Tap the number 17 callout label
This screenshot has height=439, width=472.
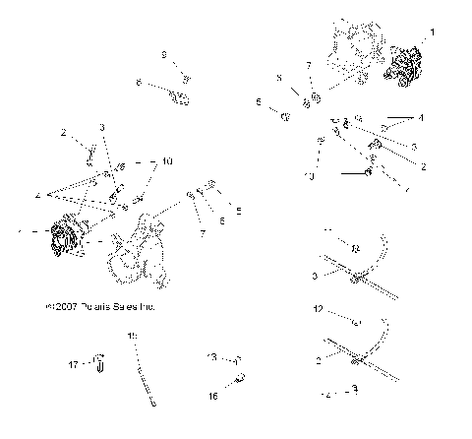click(x=72, y=363)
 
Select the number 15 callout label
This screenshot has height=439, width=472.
click(x=131, y=337)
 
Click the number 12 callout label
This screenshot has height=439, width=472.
click(x=318, y=308)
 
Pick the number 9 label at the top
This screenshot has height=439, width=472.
click(x=163, y=54)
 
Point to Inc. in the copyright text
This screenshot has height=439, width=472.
click(x=148, y=307)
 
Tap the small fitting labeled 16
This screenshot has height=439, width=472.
click(x=239, y=377)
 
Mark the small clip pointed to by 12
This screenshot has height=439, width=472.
click(x=356, y=321)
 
